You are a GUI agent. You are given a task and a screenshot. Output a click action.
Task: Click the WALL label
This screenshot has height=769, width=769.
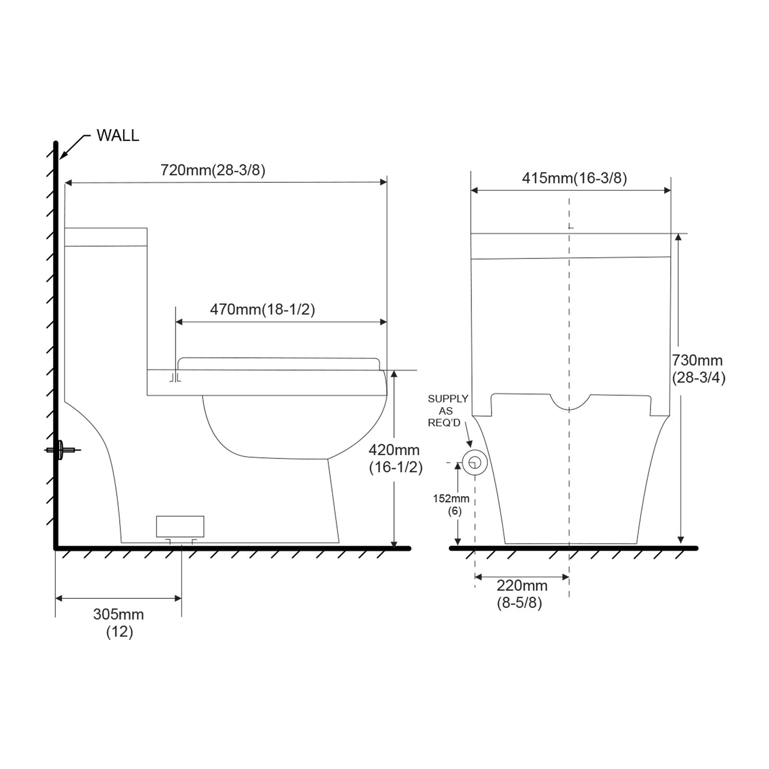(118, 136)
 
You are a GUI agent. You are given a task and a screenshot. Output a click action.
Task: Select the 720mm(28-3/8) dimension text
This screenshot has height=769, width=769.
(213, 170)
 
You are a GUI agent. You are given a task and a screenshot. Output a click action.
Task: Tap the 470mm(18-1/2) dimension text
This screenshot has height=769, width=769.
(262, 309)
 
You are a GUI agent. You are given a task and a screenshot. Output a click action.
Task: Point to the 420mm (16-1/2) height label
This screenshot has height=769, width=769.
(396, 459)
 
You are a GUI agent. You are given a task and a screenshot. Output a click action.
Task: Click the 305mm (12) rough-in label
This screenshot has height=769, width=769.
(119, 623)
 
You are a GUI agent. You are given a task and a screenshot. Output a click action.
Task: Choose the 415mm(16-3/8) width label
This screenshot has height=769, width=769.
(574, 178)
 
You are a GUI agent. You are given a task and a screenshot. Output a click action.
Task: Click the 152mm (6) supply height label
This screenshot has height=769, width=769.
(451, 505)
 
